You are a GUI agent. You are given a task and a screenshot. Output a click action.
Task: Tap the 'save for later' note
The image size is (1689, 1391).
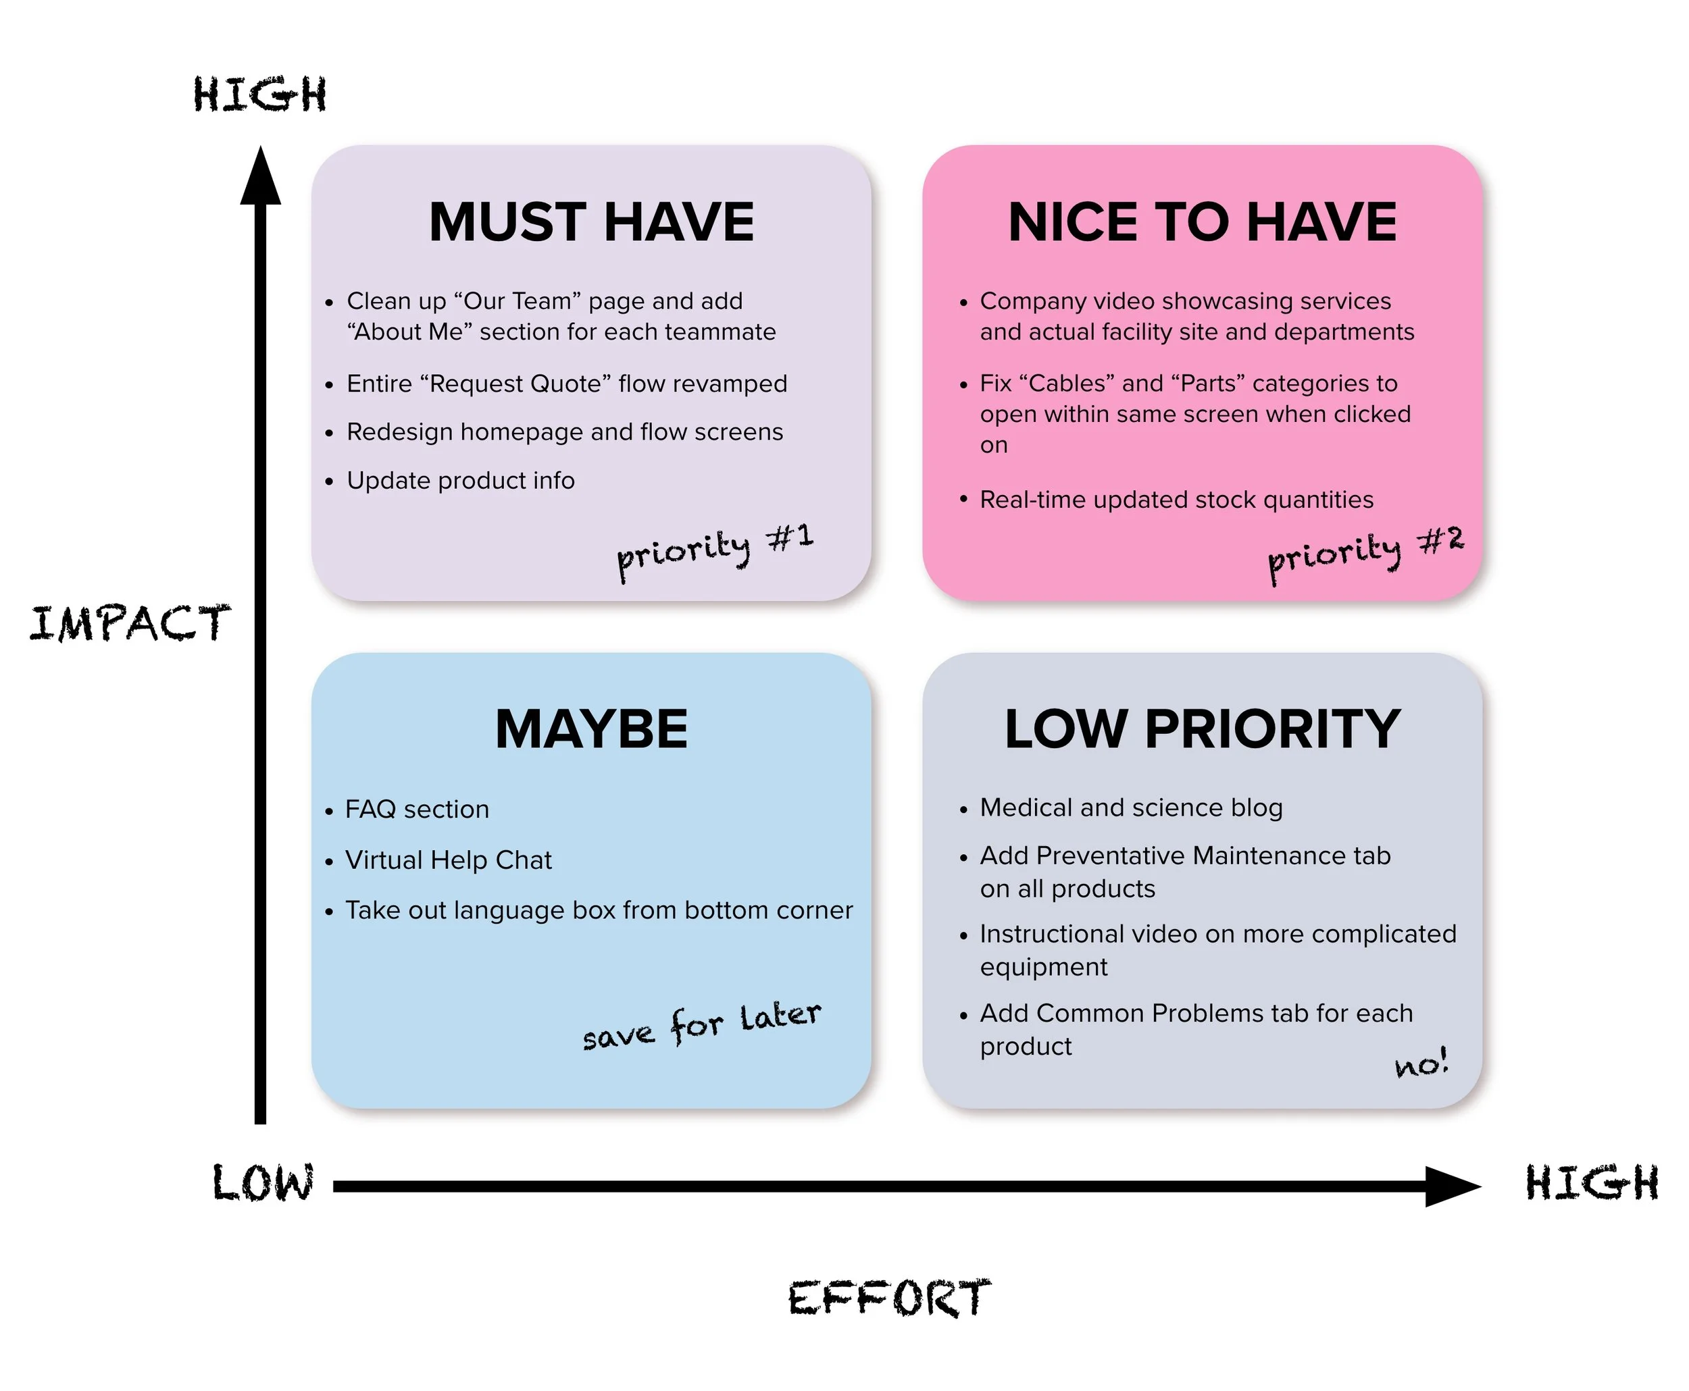(701, 1025)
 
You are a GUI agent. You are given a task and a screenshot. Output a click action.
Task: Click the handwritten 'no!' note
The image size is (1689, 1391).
(1421, 1064)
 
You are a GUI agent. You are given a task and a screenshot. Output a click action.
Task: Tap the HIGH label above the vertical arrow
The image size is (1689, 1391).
(259, 94)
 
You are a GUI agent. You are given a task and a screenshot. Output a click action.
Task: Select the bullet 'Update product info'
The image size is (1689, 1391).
(460, 480)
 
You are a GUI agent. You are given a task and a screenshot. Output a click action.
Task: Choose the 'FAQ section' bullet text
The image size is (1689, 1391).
(417, 810)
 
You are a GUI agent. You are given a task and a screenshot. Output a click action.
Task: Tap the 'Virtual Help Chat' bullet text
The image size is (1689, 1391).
(448, 860)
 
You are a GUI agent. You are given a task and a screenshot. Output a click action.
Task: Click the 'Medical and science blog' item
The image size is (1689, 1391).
(1130, 807)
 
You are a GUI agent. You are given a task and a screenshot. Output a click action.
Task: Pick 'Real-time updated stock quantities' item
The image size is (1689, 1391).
(1176, 499)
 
